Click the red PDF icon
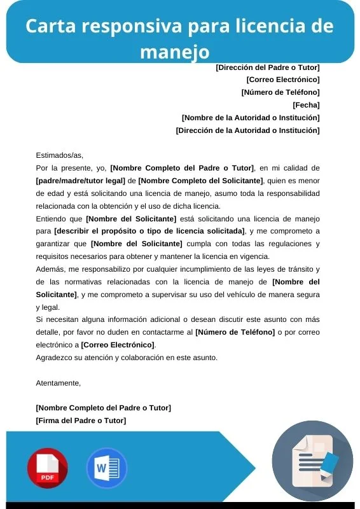47,468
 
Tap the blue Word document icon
106,468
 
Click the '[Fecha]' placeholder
306,105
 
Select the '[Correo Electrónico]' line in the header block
282,80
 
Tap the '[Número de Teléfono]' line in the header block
280,92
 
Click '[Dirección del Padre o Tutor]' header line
268,67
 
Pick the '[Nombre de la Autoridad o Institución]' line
251,118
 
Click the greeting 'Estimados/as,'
60,155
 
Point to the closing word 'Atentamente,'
59,383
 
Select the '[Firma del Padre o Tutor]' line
81,421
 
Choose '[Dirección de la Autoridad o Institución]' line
247,130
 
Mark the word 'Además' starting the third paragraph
49,269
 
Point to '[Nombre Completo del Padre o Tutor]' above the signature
103,408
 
